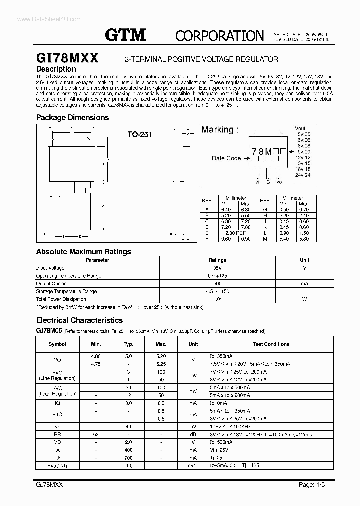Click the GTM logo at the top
pos(125,35)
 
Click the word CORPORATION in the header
pos(220,36)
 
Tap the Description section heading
pos(56,69)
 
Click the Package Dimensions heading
pos(72,118)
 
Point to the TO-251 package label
pos(139,134)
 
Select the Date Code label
pos(226,158)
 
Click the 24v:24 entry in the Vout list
pos(302,175)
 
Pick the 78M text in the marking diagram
pos(262,151)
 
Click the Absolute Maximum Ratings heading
pos(84,252)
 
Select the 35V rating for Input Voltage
pos(217,268)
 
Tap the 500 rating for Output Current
pos(217,283)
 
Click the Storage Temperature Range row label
pos(66,291)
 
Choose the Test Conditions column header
pos(271,344)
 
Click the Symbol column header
pos(57,344)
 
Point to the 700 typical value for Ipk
pos(128,457)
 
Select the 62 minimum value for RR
pos(96,435)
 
